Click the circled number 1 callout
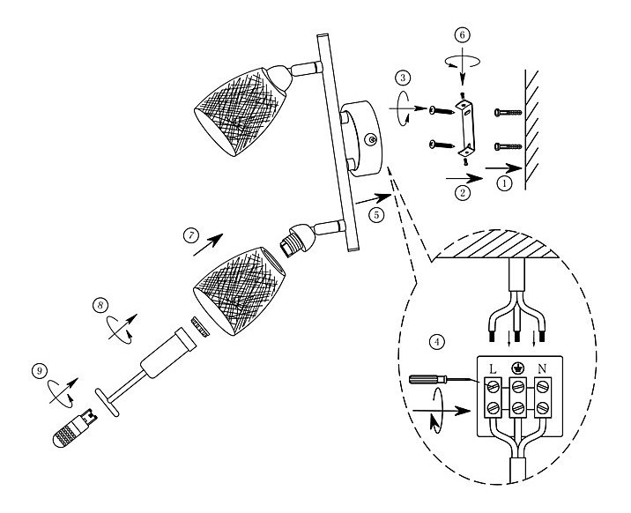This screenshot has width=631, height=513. [504, 183]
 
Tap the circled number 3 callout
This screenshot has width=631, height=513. [404, 79]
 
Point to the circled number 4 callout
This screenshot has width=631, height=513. [434, 339]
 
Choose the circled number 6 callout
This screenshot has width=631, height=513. [464, 34]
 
